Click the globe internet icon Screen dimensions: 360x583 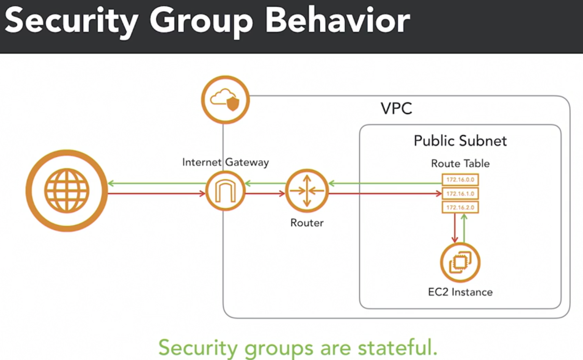[x=66, y=191]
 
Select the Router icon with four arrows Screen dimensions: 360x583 [x=306, y=191]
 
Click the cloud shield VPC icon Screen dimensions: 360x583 [x=225, y=100]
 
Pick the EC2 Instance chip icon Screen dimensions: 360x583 [x=460, y=262]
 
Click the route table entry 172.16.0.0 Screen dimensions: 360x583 [x=460, y=180]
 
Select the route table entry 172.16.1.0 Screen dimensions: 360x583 [x=460, y=193]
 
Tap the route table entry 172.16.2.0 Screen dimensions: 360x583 [x=460, y=207]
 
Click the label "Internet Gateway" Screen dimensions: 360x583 [x=225, y=162]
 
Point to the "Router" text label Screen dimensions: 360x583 [x=307, y=223]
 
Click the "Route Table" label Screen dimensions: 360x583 [x=460, y=163]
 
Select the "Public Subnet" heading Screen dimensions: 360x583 [x=460, y=140]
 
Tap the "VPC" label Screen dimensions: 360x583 [x=396, y=109]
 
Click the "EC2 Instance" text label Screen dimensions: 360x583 [x=460, y=291]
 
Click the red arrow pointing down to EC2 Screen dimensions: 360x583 [x=454, y=227]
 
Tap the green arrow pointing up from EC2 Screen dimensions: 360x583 [x=464, y=227]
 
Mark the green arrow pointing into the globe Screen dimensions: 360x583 [x=156, y=183]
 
